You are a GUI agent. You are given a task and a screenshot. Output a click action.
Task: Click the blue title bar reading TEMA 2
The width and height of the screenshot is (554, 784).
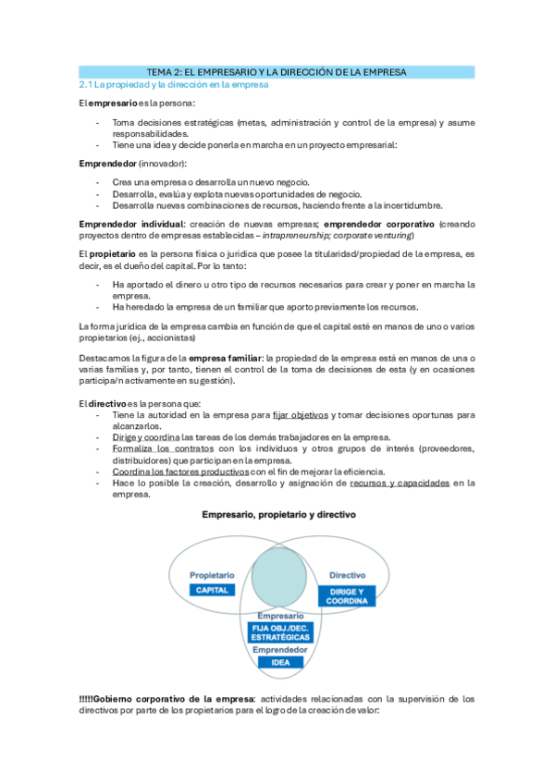click(x=277, y=71)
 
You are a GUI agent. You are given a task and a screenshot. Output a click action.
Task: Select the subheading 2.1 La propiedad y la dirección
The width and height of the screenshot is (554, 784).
click(x=173, y=84)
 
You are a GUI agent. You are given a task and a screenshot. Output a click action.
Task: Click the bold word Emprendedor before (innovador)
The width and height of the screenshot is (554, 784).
click(x=107, y=163)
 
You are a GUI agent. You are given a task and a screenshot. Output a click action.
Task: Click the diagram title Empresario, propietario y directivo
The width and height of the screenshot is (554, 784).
click(x=277, y=513)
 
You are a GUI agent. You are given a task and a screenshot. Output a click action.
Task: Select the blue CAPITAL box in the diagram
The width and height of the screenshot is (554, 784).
click(x=211, y=590)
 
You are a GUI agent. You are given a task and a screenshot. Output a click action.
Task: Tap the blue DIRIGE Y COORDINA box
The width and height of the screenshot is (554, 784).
click(x=347, y=595)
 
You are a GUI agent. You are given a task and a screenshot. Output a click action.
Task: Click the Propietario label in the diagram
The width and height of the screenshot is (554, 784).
click(x=211, y=574)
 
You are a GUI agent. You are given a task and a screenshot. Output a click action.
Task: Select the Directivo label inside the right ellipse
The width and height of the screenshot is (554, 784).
click(x=348, y=574)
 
